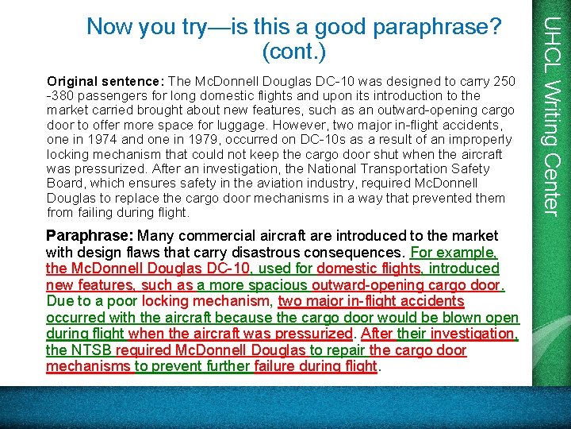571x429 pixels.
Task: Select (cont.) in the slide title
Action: [x=294, y=52]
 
